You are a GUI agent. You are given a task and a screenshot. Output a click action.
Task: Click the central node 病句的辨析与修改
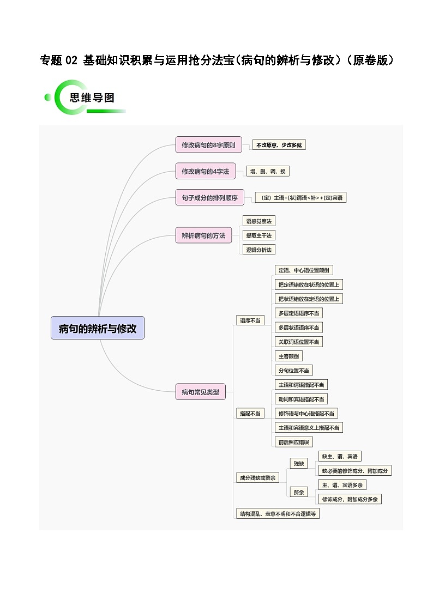click(x=98, y=328)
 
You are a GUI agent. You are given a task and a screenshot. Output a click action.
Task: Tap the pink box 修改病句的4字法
click(x=205, y=171)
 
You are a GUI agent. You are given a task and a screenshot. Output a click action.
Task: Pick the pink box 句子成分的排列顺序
click(x=209, y=198)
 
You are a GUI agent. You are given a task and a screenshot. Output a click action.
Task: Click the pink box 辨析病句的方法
click(x=203, y=235)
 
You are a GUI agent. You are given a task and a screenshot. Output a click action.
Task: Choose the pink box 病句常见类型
click(x=200, y=391)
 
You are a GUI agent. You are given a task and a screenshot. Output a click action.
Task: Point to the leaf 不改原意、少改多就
click(x=279, y=145)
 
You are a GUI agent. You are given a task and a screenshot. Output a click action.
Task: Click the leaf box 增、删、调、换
click(x=267, y=171)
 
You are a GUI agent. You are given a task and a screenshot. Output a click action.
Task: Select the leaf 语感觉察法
click(x=258, y=221)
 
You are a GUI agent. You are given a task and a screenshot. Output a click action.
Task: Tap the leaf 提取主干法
click(x=258, y=235)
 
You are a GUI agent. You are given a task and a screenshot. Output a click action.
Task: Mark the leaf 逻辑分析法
click(x=258, y=250)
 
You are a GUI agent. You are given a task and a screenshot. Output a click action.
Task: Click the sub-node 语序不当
click(x=250, y=320)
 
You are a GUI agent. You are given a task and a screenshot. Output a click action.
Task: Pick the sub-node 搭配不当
click(x=250, y=414)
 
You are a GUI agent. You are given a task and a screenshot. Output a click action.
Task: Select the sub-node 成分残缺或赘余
click(x=257, y=478)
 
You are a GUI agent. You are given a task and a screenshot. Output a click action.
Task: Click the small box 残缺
click(x=298, y=464)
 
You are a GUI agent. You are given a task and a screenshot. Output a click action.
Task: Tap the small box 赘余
click(x=298, y=492)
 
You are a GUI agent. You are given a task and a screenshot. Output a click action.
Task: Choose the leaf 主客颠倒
click(x=288, y=356)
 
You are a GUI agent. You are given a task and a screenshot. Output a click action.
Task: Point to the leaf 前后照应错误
click(x=294, y=442)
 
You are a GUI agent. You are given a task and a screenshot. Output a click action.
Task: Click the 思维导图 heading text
click(x=92, y=98)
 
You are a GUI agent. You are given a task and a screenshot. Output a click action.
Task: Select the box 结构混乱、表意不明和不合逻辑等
click(x=278, y=513)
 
